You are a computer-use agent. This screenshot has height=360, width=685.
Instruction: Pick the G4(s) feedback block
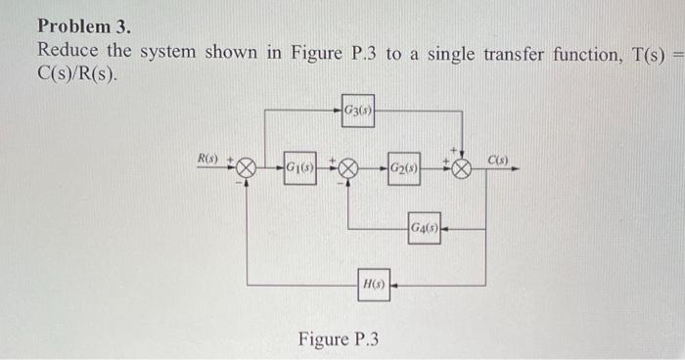[x=424, y=227]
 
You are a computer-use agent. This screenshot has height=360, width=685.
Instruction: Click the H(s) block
[x=374, y=285]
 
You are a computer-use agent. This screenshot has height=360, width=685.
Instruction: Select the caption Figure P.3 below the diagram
[x=338, y=339]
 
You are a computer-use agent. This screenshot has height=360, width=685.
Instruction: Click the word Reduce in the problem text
[x=68, y=52]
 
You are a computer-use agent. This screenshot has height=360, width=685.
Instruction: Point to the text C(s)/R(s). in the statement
[x=81, y=76]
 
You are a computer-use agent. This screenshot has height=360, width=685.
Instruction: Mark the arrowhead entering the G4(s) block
[x=445, y=227]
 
